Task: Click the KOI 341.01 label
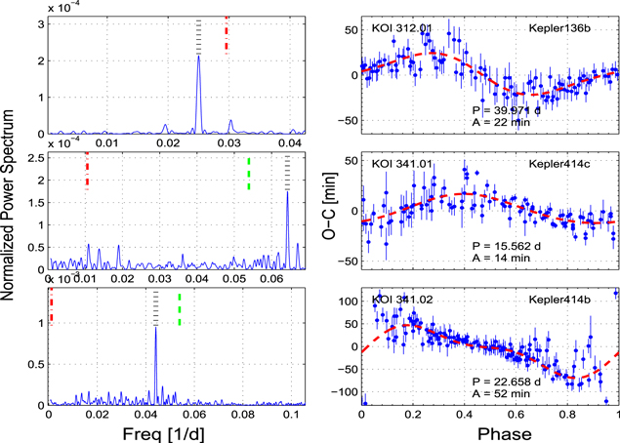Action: pos(400,163)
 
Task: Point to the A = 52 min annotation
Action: pos(495,395)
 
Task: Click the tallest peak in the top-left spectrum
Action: pos(199,57)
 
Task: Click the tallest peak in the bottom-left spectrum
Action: pos(155,329)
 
